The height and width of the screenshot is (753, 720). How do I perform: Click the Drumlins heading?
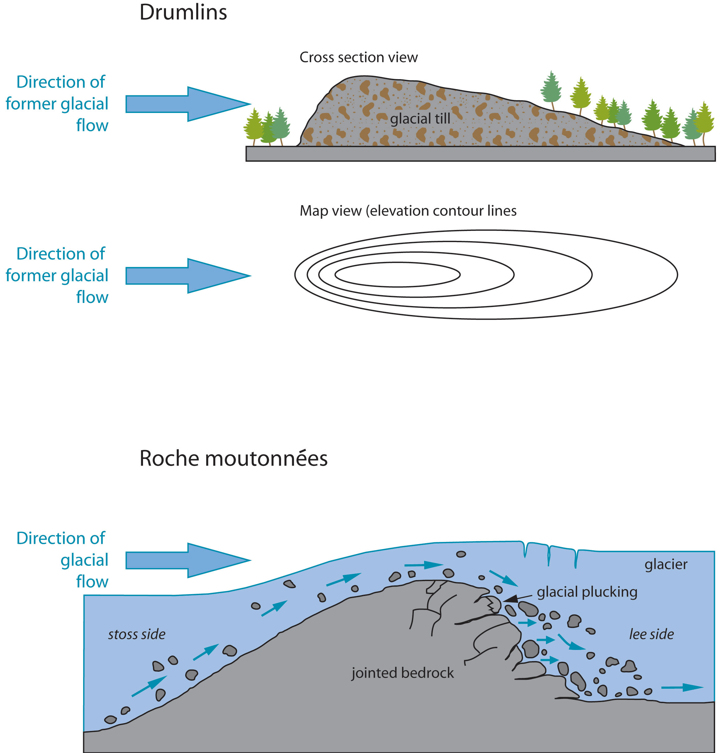click(183, 12)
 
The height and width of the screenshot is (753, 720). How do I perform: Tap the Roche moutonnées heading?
click(233, 458)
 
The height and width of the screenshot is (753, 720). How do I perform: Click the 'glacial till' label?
click(420, 119)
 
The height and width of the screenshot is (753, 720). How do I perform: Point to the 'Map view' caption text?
click(408, 211)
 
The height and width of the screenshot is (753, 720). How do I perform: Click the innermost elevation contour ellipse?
click(397, 275)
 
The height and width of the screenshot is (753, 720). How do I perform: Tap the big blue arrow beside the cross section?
click(188, 104)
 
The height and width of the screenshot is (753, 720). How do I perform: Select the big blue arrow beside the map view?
click(188, 276)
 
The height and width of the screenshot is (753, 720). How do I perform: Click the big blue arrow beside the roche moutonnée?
click(188, 560)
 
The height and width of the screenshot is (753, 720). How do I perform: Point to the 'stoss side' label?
click(136, 634)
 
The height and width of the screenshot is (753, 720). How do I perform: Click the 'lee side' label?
click(651, 634)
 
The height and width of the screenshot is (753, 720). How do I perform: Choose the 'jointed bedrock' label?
click(403, 673)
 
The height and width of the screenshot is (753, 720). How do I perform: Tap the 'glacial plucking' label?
click(587, 592)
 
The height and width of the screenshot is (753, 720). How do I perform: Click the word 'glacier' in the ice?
click(666, 564)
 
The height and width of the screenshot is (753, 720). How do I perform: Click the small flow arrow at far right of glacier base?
click(682, 687)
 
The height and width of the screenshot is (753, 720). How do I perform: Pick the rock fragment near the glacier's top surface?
click(461, 554)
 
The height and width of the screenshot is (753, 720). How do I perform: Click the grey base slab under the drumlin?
click(480, 154)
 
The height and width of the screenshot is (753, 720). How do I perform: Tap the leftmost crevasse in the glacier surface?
click(525, 549)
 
